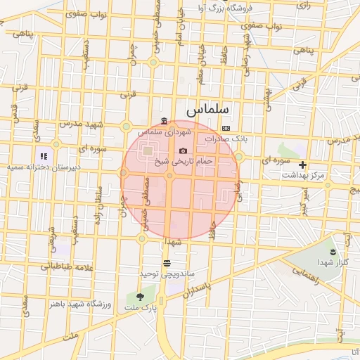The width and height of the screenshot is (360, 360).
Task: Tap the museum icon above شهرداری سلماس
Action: click(x=164, y=120)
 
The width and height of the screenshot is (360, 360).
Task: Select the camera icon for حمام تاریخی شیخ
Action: click(x=184, y=150)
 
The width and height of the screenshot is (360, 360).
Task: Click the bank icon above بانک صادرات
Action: click(x=226, y=128)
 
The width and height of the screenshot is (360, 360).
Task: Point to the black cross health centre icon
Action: click(x=303, y=165)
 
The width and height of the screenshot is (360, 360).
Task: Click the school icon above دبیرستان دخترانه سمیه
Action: click(x=44, y=155)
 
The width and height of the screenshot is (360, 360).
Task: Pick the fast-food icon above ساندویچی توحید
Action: click(x=167, y=263)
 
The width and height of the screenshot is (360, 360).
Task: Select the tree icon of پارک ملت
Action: click(x=140, y=297)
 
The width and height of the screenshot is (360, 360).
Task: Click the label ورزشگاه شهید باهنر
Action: click(x=77, y=303)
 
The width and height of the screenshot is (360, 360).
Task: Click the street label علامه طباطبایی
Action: click(x=63, y=267)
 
